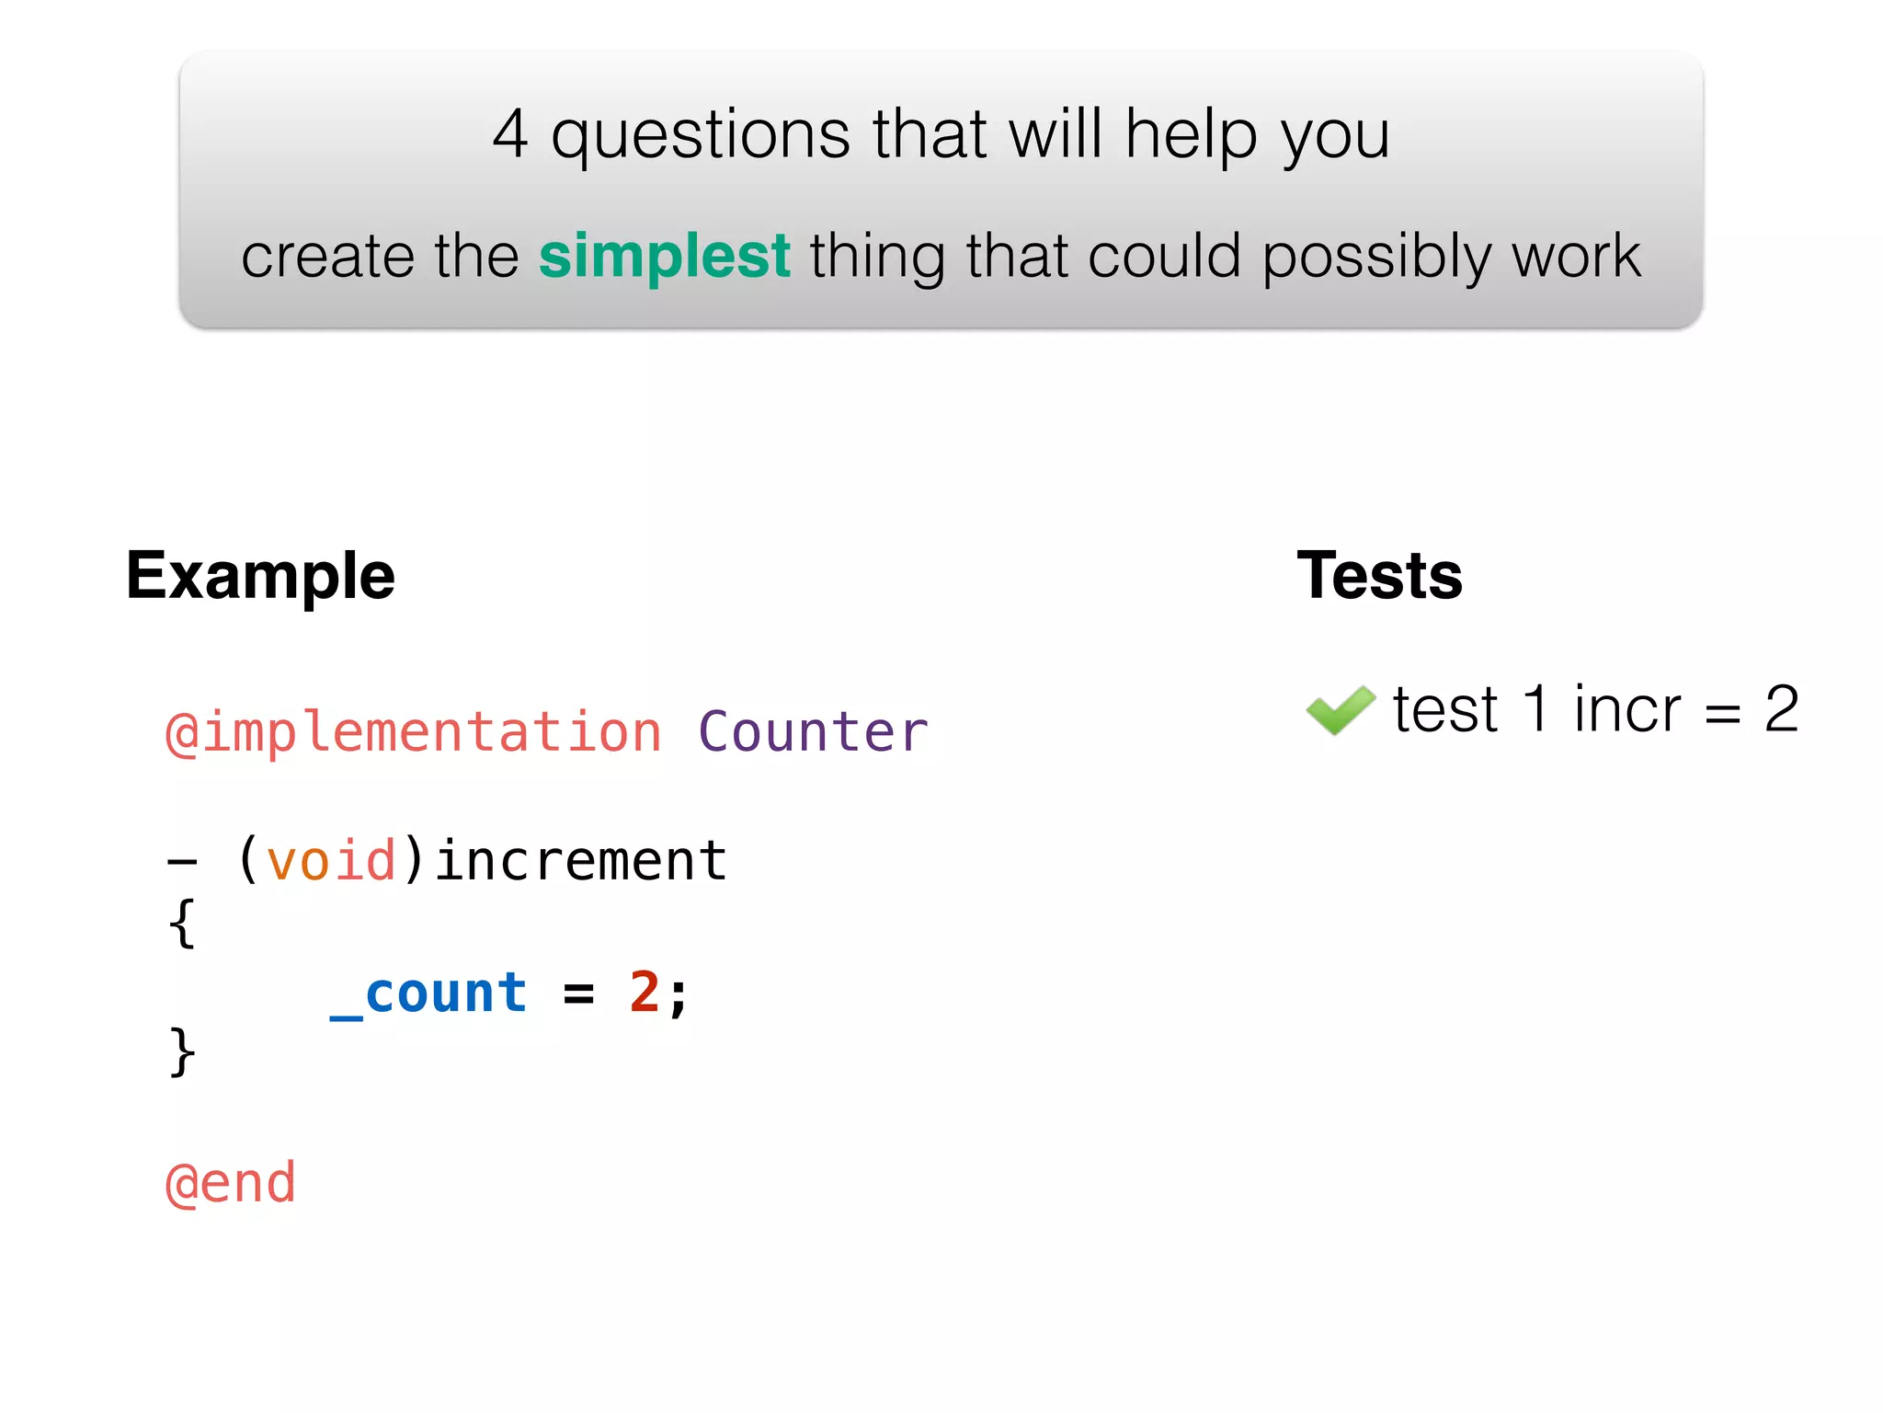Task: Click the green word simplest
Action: [664, 256]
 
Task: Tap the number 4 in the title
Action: [510, 134]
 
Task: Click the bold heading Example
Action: [260, 576]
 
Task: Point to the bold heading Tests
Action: [1379, 576]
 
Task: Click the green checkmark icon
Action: [1340, 709]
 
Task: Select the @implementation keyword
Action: [413, 732]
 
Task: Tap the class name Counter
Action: [813, 732]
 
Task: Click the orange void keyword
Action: [331, 861]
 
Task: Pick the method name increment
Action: [581, 861]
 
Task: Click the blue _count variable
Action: [428, 994]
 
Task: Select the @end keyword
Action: [230, 1183]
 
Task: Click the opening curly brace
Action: [182, 924]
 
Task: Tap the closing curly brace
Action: [182, 1051]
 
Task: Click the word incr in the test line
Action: [1626, 710]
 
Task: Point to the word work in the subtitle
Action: [1576, 256]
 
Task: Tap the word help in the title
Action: [1192, 134]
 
